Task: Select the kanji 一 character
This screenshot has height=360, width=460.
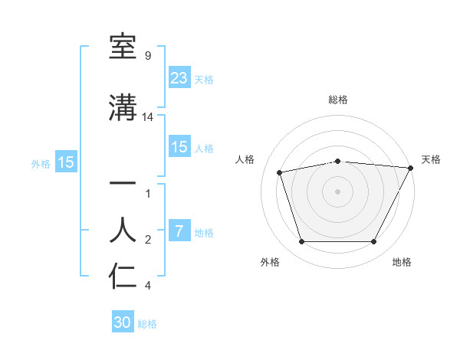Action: coord(123,184)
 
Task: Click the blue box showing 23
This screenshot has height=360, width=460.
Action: coord(179,77)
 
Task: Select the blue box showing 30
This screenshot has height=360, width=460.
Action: coord(123,322)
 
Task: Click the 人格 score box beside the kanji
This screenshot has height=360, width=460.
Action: coord(179,147)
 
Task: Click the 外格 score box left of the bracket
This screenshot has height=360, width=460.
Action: coord(66,162)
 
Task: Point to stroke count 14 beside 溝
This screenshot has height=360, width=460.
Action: coord(148,117)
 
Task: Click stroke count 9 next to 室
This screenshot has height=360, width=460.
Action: coord(147,56)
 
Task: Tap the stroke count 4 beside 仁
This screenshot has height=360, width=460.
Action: coord(147,286)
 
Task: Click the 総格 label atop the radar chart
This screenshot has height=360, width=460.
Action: coord(338,100)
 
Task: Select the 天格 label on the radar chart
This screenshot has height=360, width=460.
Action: coord(431,159)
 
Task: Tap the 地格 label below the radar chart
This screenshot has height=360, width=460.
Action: coord(402,263)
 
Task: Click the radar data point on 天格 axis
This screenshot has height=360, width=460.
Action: coord(411,168)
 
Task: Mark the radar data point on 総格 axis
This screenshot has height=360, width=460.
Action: coord(338,161)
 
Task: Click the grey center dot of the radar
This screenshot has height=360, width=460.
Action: coord(338,191)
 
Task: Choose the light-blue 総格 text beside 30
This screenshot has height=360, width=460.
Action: coord(147,324)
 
